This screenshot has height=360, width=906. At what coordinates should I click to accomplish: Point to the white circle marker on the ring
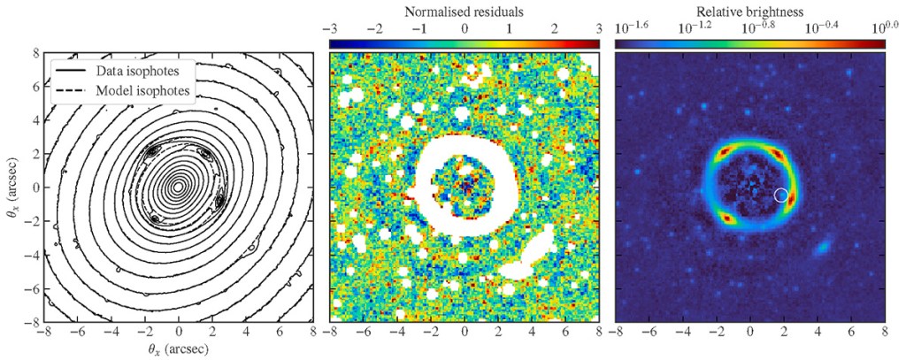click(x=781, y=195)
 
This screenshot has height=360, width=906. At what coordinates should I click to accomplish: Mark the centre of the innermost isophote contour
click(x=178, y=187)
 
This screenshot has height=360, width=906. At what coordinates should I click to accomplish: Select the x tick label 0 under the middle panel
click(x=465, y=333)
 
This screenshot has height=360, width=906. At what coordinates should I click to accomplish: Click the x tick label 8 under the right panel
click(x=884, y=333)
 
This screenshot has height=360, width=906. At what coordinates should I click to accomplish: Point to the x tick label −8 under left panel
click(x=43, y=333)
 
